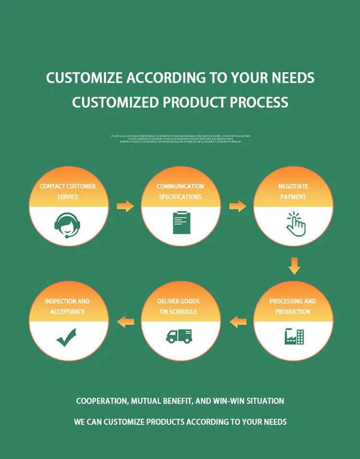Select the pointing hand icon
pyautogui.click(x=295, y=223)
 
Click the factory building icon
pyautogui.click(x=294, y=336)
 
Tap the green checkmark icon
pyautogui.click(x=66, y=337)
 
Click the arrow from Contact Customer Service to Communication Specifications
pyautogui.click(x=125, y=206)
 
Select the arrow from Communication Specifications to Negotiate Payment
pyautogui.click(x=238, y=206)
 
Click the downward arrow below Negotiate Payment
pyautogui.click(x=294, y=266)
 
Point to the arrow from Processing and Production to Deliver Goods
pyautogui.click(x=238, y=321)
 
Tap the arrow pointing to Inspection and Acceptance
pyautogui.click(x=126, y=321)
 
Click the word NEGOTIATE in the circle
pyautogui.click(x=293, y=186)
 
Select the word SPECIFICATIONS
pyautogui.click(x=180, y=197)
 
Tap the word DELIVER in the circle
pyautogui.click(x=168, y=302)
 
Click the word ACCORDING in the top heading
pyautogui.click(x=155, y=78)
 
